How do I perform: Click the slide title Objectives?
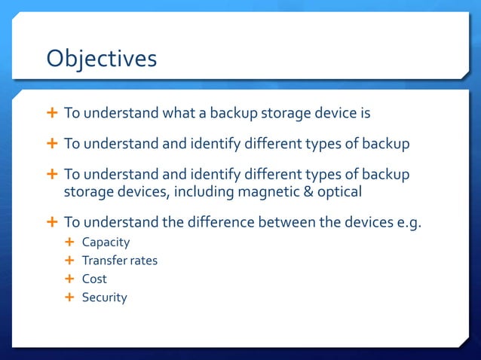coord(102,58)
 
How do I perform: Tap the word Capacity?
coord(106,243)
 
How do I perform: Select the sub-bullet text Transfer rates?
coord(120,261)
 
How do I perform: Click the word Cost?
coord(94,279)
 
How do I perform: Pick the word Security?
coord(104,297)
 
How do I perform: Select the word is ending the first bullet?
coord(364,114)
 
